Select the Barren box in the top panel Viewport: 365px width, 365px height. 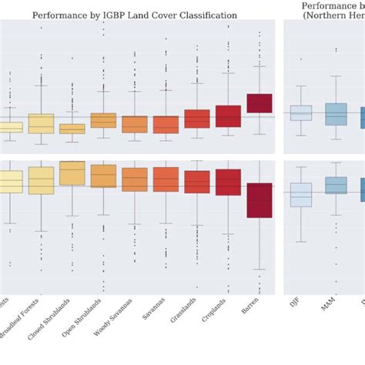[260, 103]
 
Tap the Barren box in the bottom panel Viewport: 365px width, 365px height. [260, 200]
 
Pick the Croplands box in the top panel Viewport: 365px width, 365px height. [228, 116]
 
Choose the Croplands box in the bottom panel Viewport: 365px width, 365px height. [228, 182]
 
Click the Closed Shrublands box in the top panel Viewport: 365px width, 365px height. [72, 129]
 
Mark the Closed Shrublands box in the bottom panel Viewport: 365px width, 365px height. [72, 173]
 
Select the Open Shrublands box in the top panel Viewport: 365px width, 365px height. [103, 120]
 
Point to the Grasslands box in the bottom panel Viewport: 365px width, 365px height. [197, 182]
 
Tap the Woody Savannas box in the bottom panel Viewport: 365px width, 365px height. [135, 179]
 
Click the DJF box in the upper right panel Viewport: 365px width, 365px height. [301, 112]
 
